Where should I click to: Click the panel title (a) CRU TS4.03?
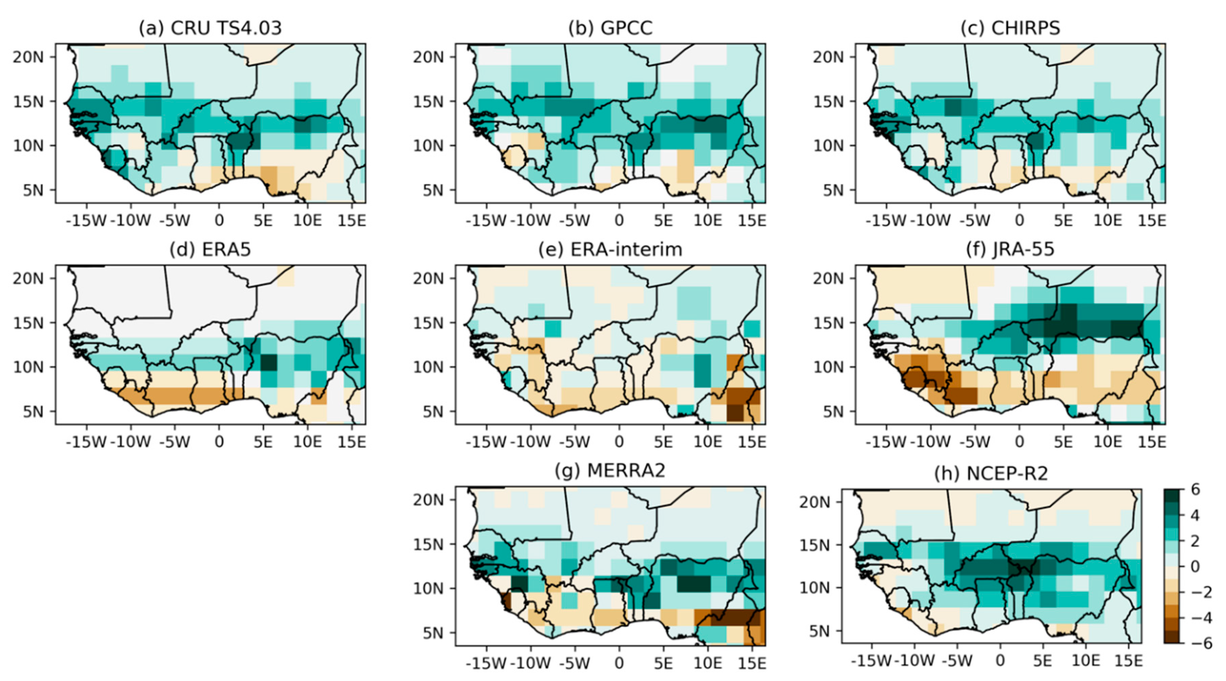coord(210,28)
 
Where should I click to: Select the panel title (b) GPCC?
coord(610,28)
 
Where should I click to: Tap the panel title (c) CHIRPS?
coord(1010,28)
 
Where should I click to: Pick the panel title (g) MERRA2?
coord(610,470)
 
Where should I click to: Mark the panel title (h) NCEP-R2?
coord(991,474)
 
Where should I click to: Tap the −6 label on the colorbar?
coord(1201,644)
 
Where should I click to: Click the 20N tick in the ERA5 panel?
coord(27,278)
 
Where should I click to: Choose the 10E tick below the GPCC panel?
coord(707,220)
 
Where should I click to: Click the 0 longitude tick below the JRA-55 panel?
coord(1019,442)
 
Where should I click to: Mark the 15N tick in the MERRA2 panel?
coord(427,544)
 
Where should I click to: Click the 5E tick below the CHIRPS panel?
coord(1063,220)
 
